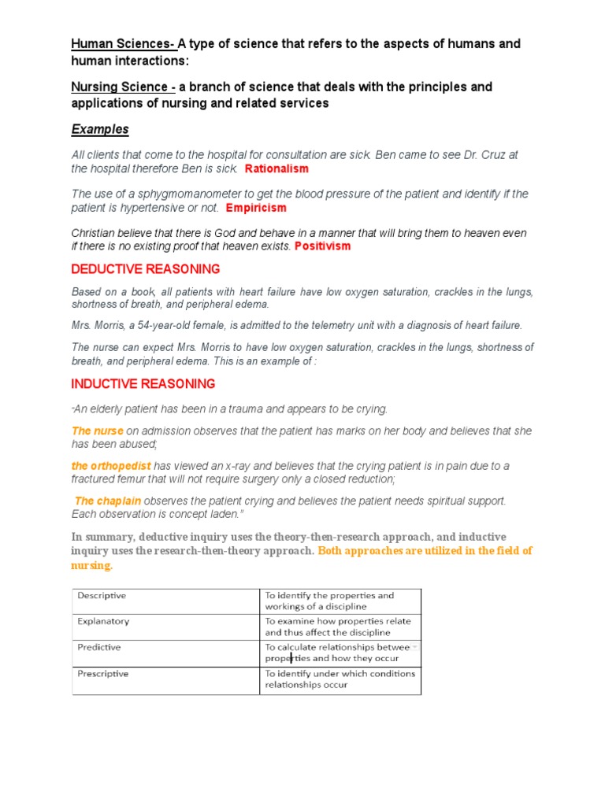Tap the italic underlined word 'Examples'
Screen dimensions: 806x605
click(x=100, y=129)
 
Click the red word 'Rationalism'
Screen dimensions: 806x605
click(x=277, y=168)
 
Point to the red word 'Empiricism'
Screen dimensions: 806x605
click(x=256, y=208)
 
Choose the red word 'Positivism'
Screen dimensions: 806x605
click(x=323, y=246)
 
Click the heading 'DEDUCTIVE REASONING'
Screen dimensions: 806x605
click(x=146, y=270)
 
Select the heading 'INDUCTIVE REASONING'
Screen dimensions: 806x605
click(x=143, y=384)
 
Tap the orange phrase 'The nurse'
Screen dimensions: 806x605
click(x=98, y=431)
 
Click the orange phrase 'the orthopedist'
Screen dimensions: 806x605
click(x=111, y=466)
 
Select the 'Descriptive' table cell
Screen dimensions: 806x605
click(x=102, y=596)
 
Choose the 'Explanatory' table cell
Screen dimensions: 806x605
click(x=103, y=621)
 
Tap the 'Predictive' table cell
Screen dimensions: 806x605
click(x=99, y=647)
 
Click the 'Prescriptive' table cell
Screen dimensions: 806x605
click(x=102, y=674)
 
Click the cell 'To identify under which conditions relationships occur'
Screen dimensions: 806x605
click(x=340, y=679)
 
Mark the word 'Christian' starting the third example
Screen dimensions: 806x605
click(x=95, y=233)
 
